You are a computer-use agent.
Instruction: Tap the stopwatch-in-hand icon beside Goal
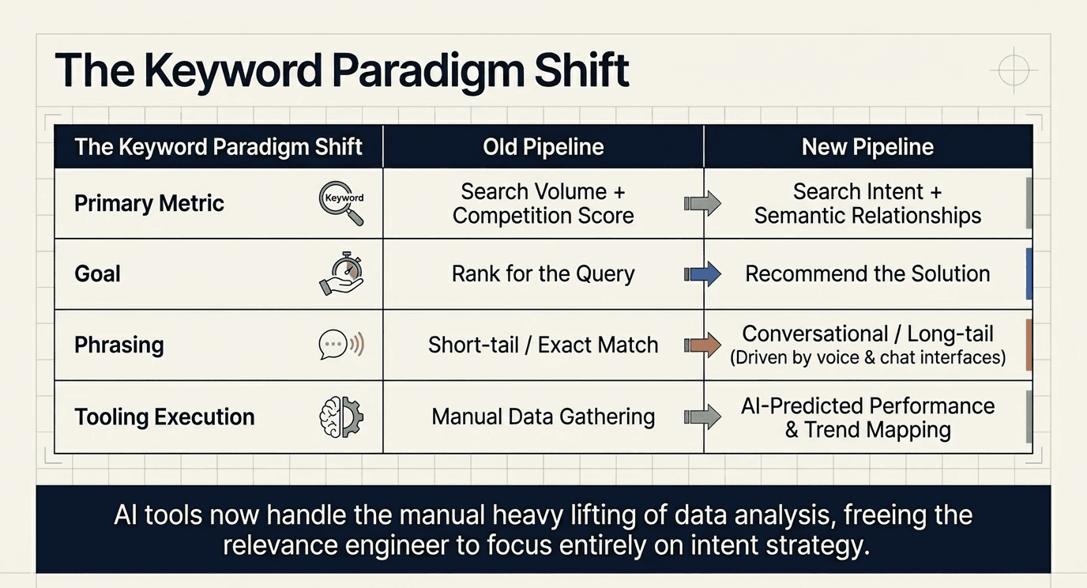coord(341,274)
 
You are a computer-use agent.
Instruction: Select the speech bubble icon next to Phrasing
coord(340,345)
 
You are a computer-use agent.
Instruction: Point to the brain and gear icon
coord(340,416)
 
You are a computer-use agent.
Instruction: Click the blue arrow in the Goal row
coord(702,274)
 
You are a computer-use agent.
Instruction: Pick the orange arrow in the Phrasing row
coord(702,345)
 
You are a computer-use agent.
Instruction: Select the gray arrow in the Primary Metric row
coord(702,204)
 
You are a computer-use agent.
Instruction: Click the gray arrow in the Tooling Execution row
coord(702,416)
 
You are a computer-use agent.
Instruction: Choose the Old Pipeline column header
coord(543,147)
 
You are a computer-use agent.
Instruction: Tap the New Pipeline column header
coord(867,147)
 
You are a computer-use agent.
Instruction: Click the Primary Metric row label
coord(149,204)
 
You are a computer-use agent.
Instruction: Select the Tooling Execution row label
coord(164,417)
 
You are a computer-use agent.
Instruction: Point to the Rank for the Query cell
coord(543,274)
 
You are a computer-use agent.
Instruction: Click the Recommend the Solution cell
coord(867,274)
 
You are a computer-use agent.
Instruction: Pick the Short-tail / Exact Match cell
coord(543,345)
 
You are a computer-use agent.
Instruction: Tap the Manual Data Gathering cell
coord(543,416)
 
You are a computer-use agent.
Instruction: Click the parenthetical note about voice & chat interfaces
coord(867,358)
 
